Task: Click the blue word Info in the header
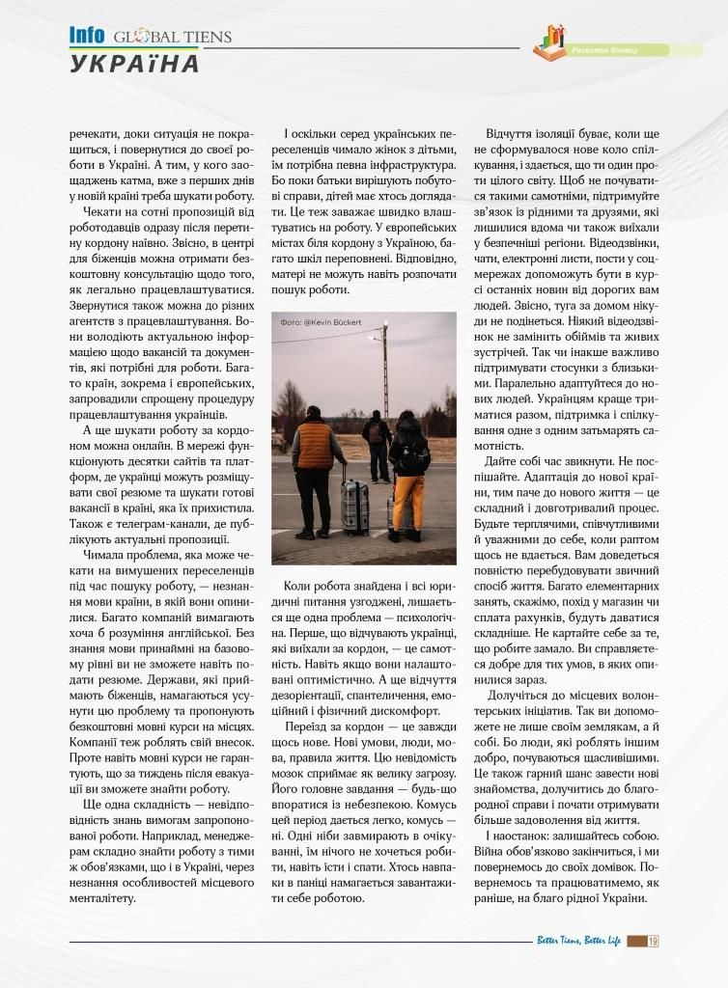[87, 35]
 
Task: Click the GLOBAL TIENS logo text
[173, 38]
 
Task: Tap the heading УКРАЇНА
[134, 64]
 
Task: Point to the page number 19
[654, 942]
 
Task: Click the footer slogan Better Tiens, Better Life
[578, 942]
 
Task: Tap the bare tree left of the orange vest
[288, 405]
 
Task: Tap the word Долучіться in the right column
[520, 694]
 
